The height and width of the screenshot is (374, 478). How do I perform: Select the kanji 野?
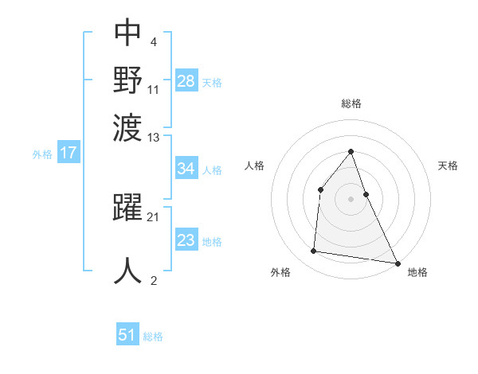pyautogui.click(x=127, y=80)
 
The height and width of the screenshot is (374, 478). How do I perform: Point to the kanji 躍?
pyautogui.click(x=127, y=208)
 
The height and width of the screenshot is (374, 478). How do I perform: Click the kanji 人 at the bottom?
pyautogui.click(x=127, y=269)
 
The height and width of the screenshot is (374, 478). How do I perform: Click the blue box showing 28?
pyautogui.click(x=186, y=81)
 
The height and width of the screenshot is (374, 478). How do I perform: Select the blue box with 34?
pyautogui.click(x=186, y=169)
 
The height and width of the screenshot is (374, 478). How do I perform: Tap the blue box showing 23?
pyautogui.click(x=186, y=240)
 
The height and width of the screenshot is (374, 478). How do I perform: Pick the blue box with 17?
pyautogui.click(x=68, y=154)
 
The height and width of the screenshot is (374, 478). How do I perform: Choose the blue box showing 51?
pyautogui.click(x=127, y=335)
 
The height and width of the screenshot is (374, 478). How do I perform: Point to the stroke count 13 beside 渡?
pyautogui.click(x=154, y=138)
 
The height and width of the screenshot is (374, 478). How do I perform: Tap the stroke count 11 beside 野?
pyautogui.click(x=154, y=89)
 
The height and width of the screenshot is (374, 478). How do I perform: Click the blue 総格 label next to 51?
pyautogui.click(x=153, y=337)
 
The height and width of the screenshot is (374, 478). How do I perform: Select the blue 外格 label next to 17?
pyautogui.click(x=42, y=154)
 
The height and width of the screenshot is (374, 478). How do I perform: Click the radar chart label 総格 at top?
pyautogui.click(x=351, y=103)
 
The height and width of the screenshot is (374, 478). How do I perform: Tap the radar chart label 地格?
pyautogui.click(x=417, y=272)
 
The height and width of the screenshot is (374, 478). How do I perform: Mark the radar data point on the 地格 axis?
pyautogui.click(x=397, y=262)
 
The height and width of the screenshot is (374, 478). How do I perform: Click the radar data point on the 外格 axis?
pyautogui.click(x=314, y=251)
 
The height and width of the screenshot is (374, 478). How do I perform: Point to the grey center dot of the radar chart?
pyautogui.click(x=351, y=199)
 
